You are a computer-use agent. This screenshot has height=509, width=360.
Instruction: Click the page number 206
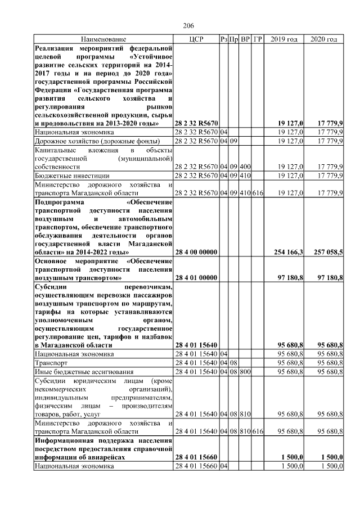[188, 26]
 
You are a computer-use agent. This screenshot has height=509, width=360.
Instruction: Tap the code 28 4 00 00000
[196, 253]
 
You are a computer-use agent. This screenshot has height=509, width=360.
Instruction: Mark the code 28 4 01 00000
[196, 278]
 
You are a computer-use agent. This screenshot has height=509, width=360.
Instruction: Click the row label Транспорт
[50, 363]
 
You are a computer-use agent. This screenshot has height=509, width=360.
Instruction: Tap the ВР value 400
[245, 167]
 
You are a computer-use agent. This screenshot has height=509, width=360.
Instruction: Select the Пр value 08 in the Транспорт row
[233, 363]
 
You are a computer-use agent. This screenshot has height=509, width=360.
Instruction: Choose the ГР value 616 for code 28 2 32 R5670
[258, 192]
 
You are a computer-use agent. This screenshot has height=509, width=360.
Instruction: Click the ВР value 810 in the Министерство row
[245, 431]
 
